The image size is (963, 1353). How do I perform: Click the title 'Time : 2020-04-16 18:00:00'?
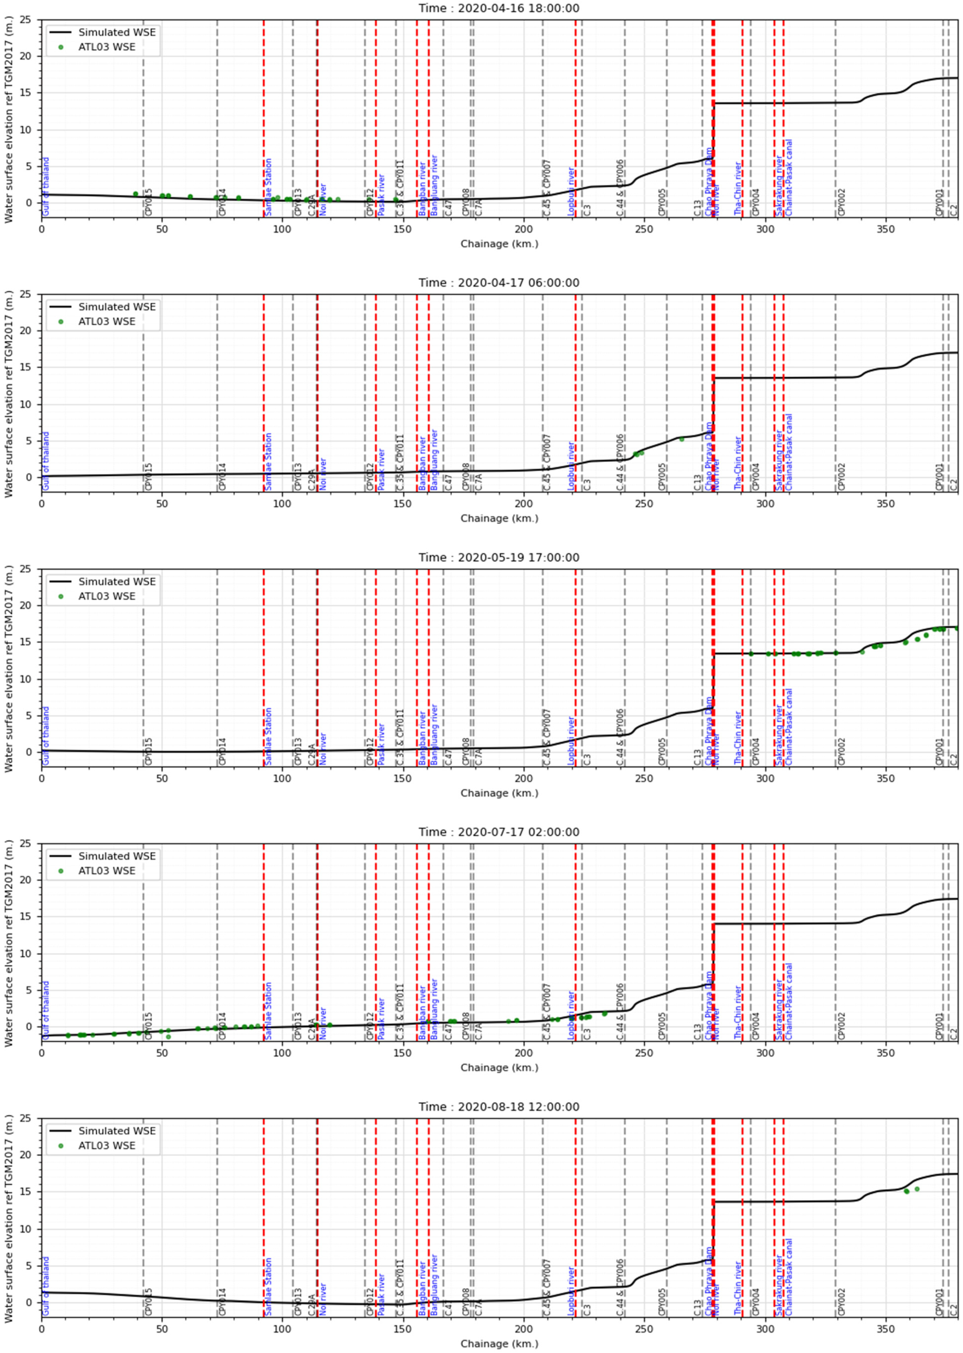coord(499,8)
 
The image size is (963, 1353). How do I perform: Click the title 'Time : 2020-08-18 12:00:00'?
coord(499,1107)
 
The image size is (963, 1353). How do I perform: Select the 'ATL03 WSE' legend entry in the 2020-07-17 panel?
coord(107,871)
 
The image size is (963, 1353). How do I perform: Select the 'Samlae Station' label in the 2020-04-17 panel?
coord(268,461)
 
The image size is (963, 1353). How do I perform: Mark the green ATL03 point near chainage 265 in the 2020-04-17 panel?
coord(681,439)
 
